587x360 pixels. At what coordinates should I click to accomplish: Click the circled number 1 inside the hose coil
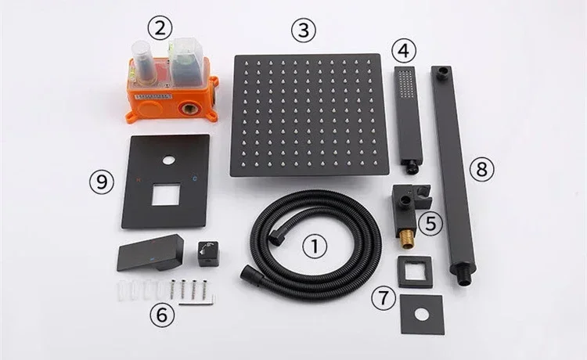315,247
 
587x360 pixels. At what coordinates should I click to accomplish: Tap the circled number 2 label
160,29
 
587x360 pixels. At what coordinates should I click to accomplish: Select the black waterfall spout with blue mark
152,254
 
